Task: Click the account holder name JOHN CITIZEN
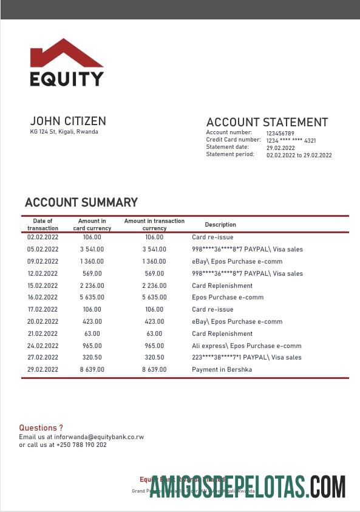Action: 68,121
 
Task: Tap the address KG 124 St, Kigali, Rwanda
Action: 64,132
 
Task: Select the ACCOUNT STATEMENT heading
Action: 267,122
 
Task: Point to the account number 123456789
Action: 280,133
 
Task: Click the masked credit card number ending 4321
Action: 291,140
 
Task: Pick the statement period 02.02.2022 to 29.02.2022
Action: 299,155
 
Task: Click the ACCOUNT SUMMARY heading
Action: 81,202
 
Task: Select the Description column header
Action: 220,225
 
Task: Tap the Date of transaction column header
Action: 42,225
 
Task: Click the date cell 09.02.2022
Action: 42,261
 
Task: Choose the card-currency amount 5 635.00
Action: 92,298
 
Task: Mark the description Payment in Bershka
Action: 222,369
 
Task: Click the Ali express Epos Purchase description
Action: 246,346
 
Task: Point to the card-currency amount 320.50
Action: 92,358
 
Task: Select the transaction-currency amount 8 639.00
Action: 154,369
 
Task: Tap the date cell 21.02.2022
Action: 42,333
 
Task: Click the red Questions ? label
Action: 41,428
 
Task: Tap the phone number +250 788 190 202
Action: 82,445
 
